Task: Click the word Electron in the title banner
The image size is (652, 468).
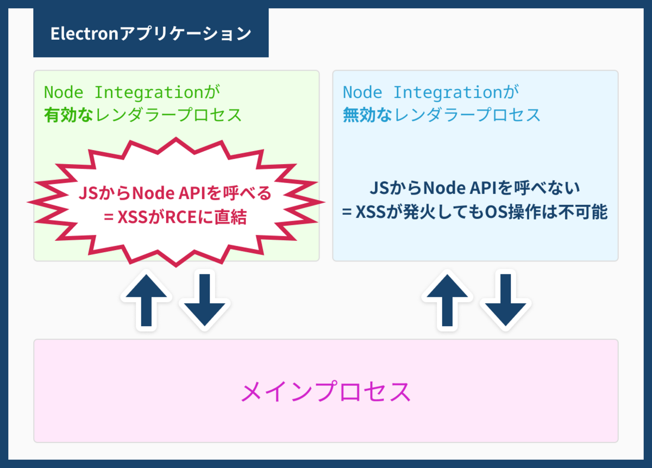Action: tap(84, 34)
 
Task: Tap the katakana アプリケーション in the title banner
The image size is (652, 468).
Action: tap(185, 34)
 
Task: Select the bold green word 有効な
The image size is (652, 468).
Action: tap(68, 115)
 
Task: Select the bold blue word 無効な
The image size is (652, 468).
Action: tap(368, 115)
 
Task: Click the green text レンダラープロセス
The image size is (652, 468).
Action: tap(168, 115)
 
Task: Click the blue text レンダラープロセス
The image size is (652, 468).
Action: tap(467, 115)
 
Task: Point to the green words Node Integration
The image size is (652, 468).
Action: tap(124, 92)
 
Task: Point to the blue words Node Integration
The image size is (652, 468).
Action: tap(423, 92)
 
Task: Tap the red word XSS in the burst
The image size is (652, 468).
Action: tap(133, 217)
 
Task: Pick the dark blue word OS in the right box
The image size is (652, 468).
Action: tap(498, 212)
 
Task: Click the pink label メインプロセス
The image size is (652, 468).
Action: tap(325, 392)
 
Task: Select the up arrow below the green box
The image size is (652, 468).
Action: tap(146, 300)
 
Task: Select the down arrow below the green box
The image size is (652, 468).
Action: tap(205, 300)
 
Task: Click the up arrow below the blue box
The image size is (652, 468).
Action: tap(447, 300)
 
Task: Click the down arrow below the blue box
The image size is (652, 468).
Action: tap(506, 300)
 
